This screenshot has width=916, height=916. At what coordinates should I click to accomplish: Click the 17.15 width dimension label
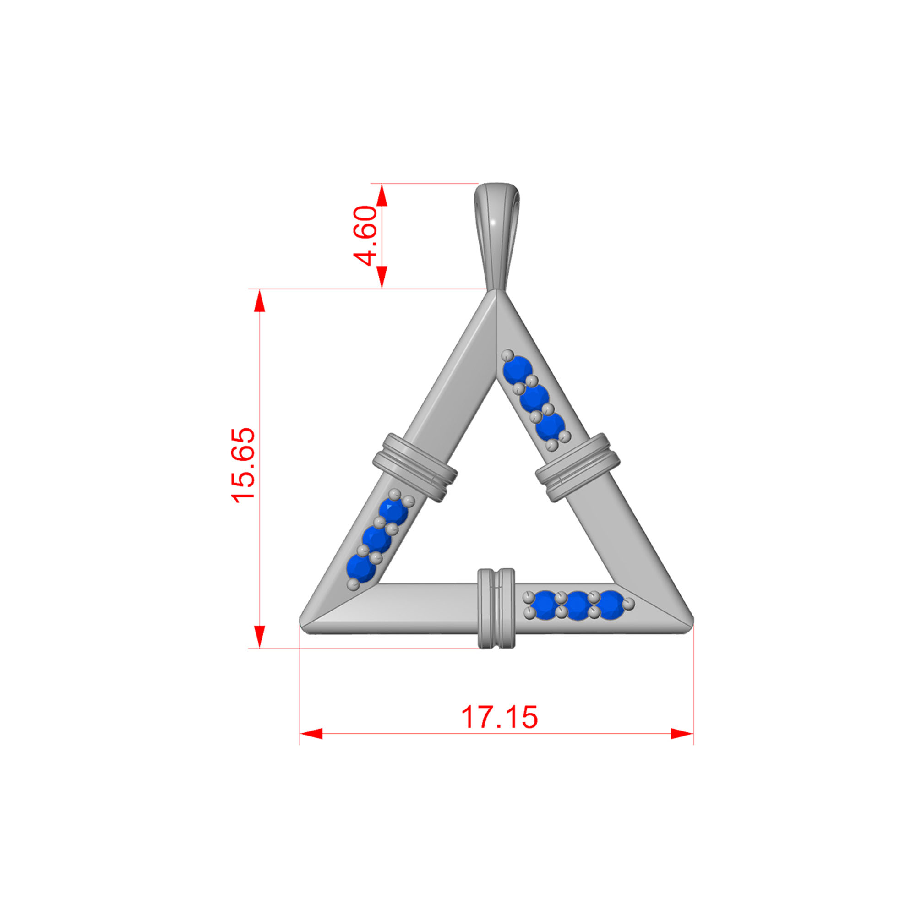pos(499,716)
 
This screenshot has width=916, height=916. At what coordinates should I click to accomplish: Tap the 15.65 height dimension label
pos(243,464)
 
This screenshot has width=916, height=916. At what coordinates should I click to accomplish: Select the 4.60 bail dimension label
pos(365,235)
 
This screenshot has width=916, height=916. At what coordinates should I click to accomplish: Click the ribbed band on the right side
pos(578,467)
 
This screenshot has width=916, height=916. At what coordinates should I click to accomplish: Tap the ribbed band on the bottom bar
pos(496,608)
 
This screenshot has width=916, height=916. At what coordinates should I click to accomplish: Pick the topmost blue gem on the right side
pos(518,370)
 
